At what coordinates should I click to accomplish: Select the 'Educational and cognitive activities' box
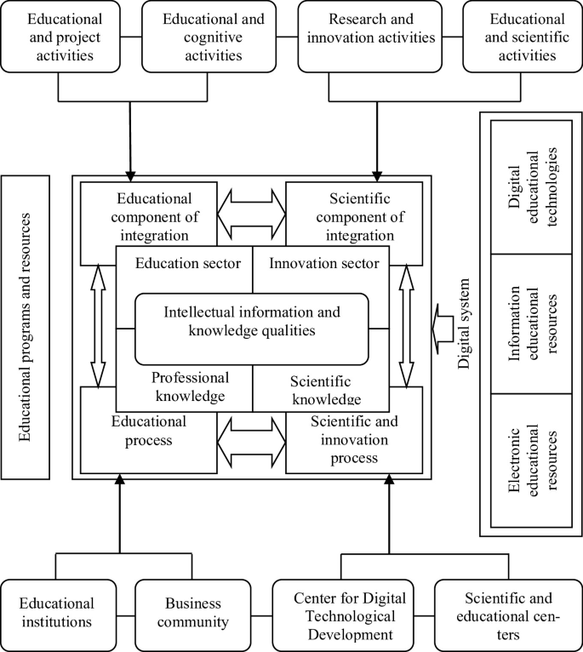203,37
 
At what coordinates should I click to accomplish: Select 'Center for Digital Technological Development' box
346,613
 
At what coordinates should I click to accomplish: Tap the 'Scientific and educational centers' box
506,613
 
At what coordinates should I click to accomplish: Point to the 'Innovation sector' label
323,264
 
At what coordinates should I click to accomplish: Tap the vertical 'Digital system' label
465,329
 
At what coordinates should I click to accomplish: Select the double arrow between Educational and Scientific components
252,209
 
